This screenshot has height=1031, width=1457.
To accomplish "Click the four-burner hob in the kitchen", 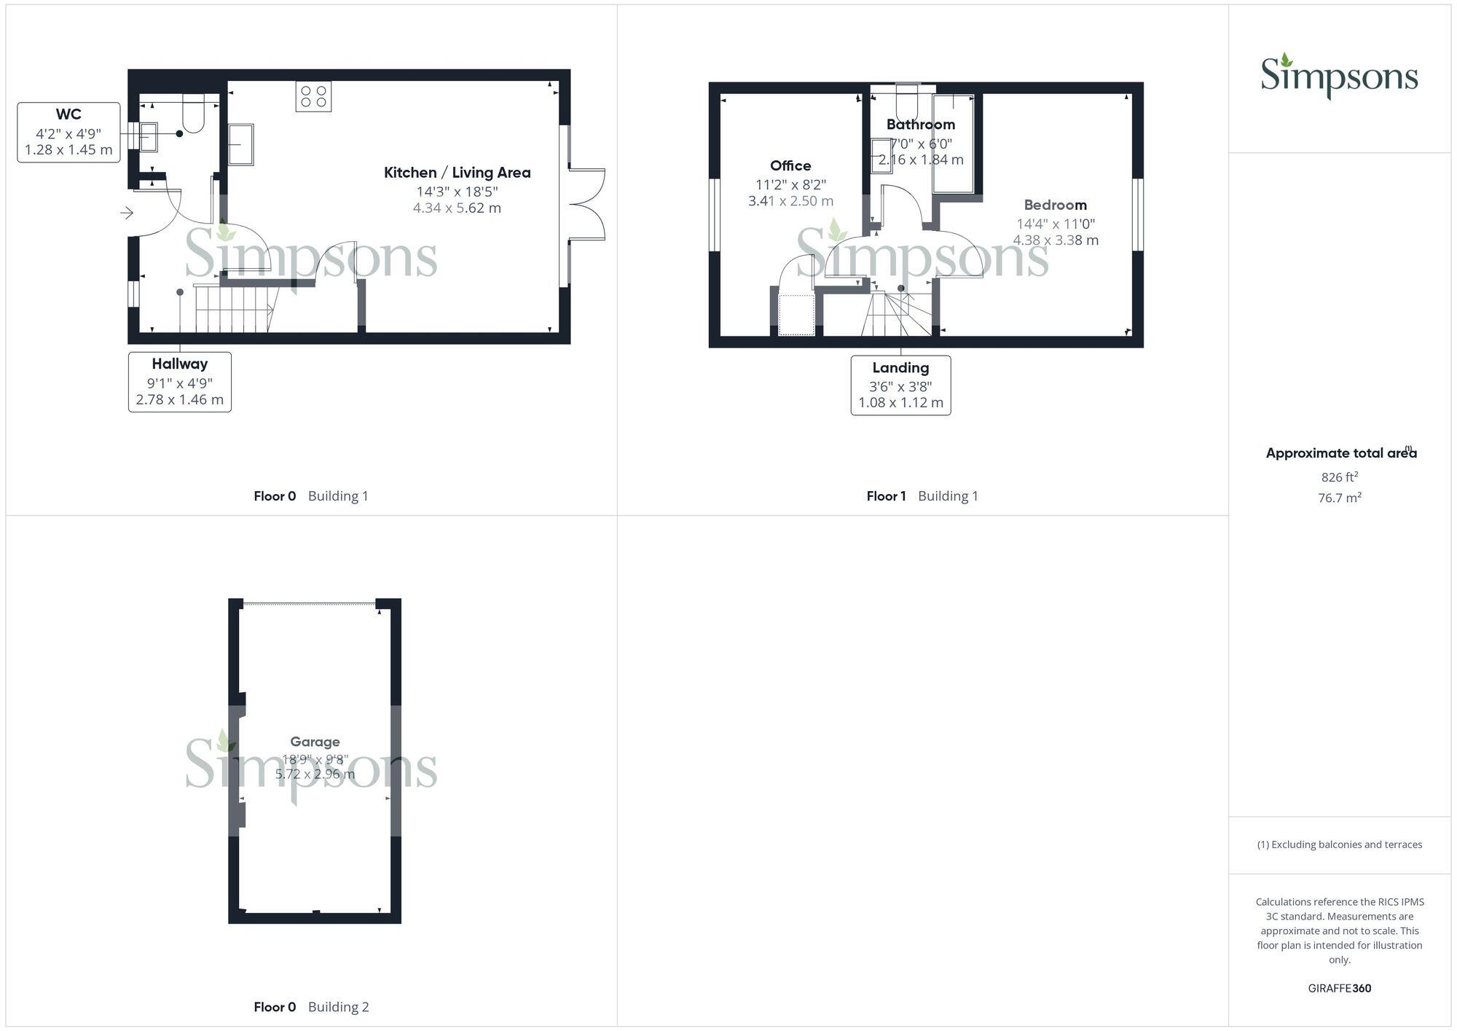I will tap(313, 96).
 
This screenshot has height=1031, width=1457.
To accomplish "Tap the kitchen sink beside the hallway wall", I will tap(240, 144).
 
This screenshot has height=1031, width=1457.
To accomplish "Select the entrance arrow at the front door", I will tap(127, 213).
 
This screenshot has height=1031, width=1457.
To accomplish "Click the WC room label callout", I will tap(68, 132).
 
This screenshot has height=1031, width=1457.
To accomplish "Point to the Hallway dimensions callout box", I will tap(179, 382).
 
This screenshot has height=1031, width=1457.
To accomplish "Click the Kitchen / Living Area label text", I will tap(457, 173).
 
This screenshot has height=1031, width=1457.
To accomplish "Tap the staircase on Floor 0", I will tap(233, 308).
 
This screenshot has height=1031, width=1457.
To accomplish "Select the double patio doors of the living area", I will tap(587, 204).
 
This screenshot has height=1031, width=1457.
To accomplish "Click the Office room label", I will tap(790, 166).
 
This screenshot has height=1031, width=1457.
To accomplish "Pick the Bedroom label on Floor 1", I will tap(1055, 205).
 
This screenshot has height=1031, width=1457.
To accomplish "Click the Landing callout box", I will tap(900, 385).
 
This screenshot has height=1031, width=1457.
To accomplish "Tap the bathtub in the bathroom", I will tap(953, 143).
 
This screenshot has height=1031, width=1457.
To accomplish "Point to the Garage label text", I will tap(315, 742).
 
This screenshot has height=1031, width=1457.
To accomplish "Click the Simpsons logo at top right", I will tap(1339, 77).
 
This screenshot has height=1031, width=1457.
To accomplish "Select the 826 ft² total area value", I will tap(1339, 477).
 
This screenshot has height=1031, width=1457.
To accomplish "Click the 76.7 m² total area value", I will tap(1339, 498).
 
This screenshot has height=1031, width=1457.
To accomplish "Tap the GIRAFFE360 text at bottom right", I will tap(1339, 988).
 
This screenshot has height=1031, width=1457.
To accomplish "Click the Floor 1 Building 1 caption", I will tap(922, 496).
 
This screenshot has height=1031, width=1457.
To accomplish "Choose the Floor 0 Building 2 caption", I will tap(311, 1007).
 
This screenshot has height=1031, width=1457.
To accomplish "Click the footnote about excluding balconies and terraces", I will tap(1339, 844).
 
